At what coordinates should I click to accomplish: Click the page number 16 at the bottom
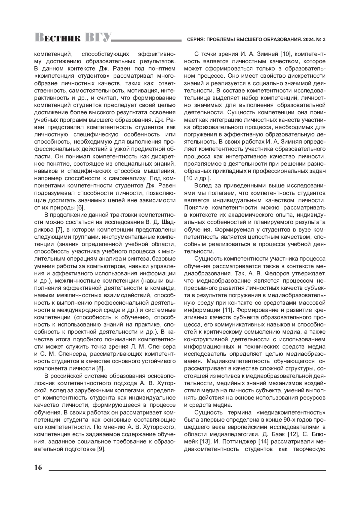pos(38,468)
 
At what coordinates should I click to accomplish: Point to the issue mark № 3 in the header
pos(321,39)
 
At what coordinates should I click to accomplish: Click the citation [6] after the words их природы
pos(81,208)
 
